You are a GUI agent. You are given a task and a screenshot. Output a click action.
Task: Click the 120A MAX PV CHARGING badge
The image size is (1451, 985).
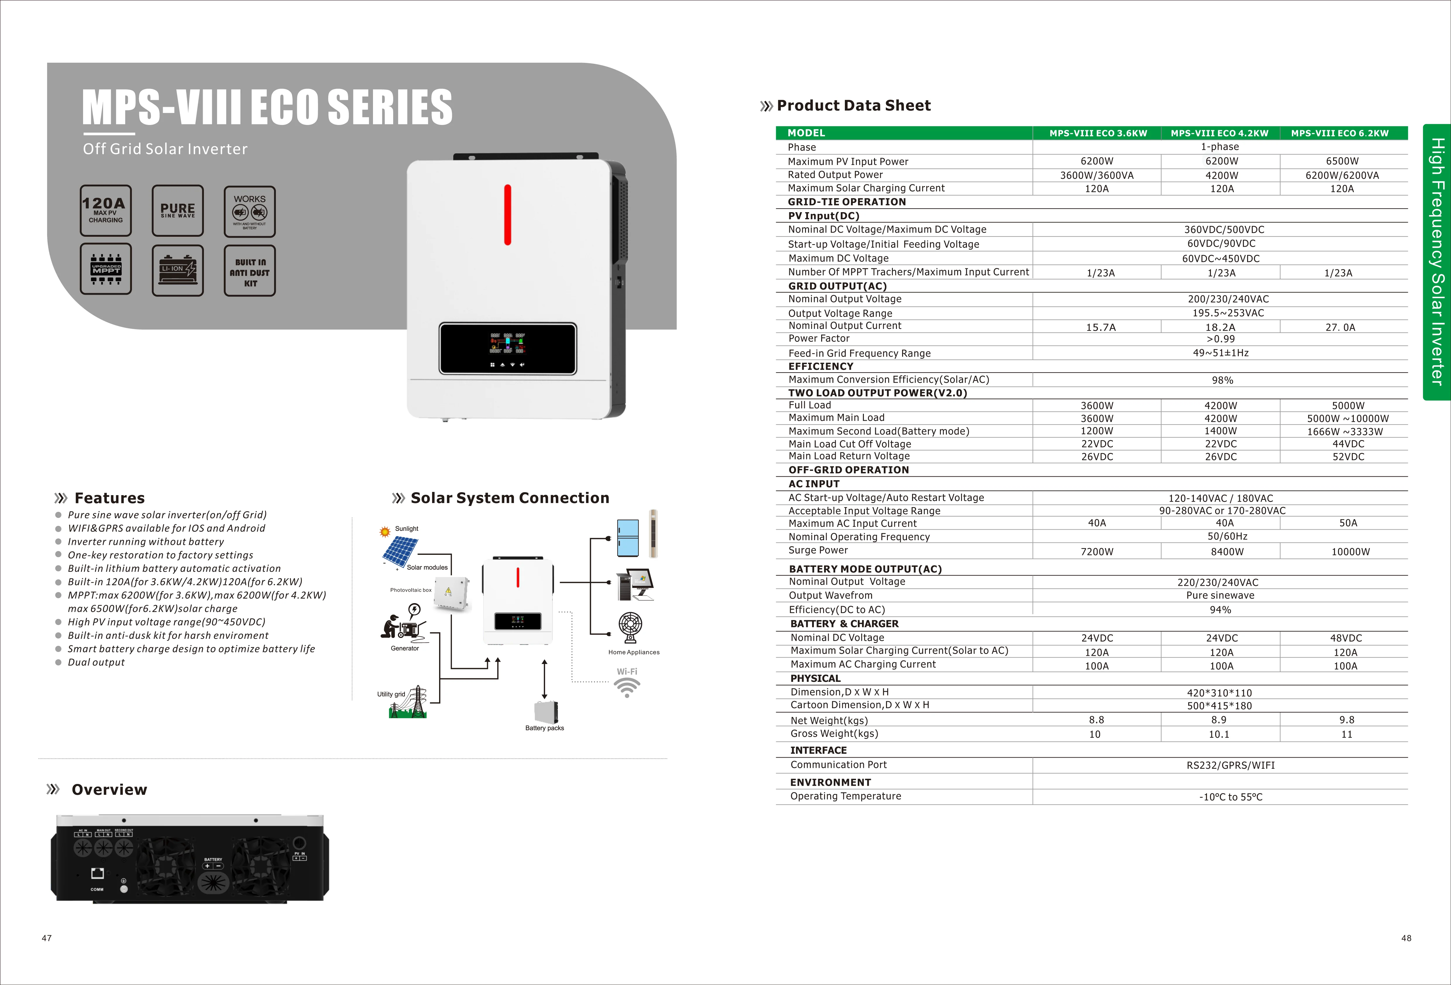click(106, 210)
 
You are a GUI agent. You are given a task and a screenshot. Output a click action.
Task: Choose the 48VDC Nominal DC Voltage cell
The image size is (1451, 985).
click(1345, 638)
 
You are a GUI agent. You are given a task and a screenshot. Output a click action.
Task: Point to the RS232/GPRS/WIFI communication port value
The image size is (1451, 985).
click(1230, 765)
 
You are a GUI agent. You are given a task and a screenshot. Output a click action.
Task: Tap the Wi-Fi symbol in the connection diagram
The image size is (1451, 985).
click(627, 687)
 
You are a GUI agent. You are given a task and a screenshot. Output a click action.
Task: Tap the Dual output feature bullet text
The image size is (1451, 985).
click(96, 662)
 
